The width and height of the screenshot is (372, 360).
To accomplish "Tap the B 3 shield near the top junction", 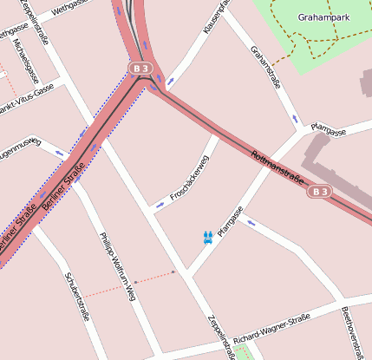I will [x=140, y=68].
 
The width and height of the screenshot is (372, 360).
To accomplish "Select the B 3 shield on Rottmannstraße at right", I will [x=320, y=191].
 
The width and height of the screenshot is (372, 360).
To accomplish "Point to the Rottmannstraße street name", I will [x=277, y=167].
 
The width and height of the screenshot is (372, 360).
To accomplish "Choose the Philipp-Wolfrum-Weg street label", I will [x=118, y=267].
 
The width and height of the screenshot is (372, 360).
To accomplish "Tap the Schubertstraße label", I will [x=77, y=296].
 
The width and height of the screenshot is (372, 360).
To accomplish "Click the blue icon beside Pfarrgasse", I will [x=207, y=237].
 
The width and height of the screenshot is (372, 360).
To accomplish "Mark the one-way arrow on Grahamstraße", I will [x=296, y=117].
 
